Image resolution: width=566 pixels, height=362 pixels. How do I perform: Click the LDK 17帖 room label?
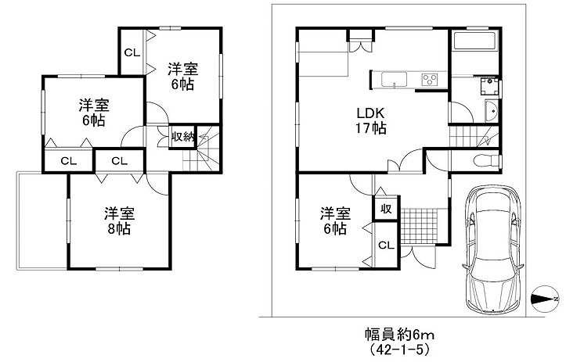371,120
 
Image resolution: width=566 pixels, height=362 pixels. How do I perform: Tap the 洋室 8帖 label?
120,220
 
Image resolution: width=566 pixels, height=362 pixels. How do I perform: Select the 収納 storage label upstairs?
183,137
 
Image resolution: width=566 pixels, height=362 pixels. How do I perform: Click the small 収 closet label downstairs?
386,209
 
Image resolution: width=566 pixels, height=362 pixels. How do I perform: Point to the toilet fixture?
487,161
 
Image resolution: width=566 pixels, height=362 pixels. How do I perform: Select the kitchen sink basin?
395,79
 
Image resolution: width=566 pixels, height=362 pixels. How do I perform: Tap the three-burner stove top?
430,79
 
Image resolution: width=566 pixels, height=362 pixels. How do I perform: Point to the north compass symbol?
545,299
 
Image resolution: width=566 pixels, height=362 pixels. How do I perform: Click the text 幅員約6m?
399,335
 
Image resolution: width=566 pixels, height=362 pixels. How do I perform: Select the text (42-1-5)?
398,349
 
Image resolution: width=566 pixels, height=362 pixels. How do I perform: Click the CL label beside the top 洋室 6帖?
132,52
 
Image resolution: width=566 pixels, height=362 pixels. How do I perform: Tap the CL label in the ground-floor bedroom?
386,246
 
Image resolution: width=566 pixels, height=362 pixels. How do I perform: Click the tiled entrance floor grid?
420,226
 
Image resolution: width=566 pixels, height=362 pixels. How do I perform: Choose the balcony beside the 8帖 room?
41,220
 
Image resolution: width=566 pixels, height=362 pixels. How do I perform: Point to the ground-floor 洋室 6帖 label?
335,220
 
